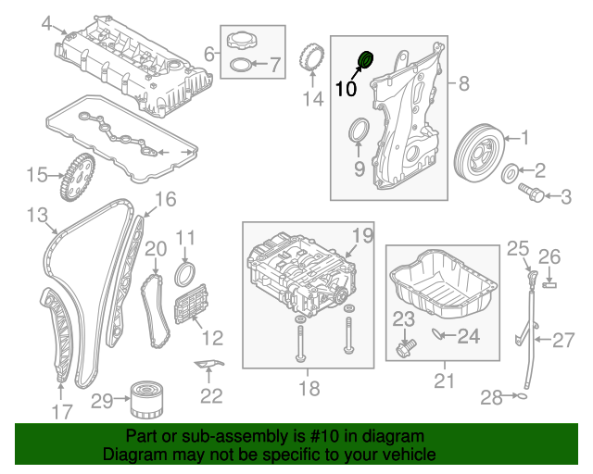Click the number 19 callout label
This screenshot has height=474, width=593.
pyautogui.click(x=360, y=235)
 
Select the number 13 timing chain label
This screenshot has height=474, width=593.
pyautogui.click(x=36, y=215)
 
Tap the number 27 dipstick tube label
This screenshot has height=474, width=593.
pyautogui.click(x=564, y=340)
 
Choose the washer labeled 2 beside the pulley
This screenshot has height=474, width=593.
pyautogui.click(x=509, y=172)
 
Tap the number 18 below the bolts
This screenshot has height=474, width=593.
pyautogui.click(x=309, y=387)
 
